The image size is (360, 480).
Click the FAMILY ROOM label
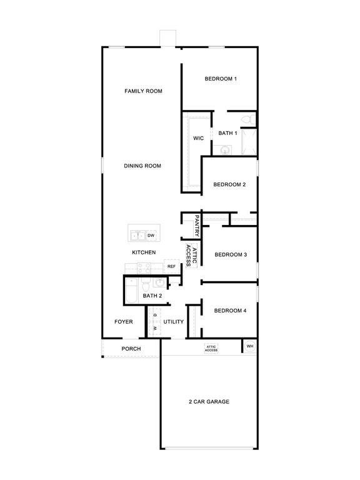pyautogui.click(x=143, y=91)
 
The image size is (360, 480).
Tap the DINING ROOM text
pyautogui.click(x=142, y=166)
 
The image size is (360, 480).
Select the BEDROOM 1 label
pyautogui.click(x=221, y=79)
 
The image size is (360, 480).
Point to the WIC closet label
pyautogui.click(x=198, y=138)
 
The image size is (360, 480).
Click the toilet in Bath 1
pyautogui.click(x=247, y=119)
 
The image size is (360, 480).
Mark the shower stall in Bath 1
pyautogui.click(x=249, y=142)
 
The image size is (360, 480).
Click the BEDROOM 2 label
pyautogui.click(x=229, y=185)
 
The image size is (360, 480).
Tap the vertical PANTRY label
pyautogui.click(x=197, y=226)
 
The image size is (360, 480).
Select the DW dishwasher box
pyautogui.click(x=151, y=236)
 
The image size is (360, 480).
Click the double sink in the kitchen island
pyautogui.click(x=137, y=236)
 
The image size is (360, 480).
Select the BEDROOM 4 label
pyautogui.click(x=231, y=311)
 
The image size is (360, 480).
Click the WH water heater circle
pyautogui.click(x=249, y=346)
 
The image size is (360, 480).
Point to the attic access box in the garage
pyautogui.click(x=211, y=349)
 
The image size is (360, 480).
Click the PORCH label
pyautogui.click(x=131, y=349)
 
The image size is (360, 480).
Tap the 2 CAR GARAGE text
pyautogui.click(x=209, y=401)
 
